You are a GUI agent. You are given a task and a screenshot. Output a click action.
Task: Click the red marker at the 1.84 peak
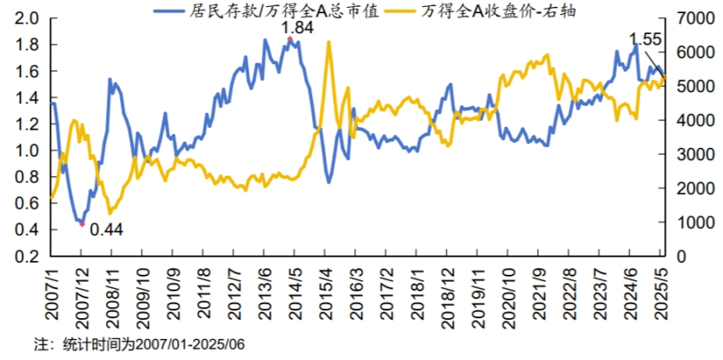coord(289,38)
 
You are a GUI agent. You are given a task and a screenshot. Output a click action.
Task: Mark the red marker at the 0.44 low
coord(82,223)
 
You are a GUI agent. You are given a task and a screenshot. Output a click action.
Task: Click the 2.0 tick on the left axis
coord(26,18)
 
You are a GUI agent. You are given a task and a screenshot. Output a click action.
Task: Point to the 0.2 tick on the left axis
coord(26,257)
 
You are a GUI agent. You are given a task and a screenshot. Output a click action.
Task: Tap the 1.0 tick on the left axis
coord(26,151)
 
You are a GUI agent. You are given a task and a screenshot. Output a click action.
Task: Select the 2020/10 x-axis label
coord(508,294)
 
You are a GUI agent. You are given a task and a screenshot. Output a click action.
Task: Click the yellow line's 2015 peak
coord(328,42)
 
